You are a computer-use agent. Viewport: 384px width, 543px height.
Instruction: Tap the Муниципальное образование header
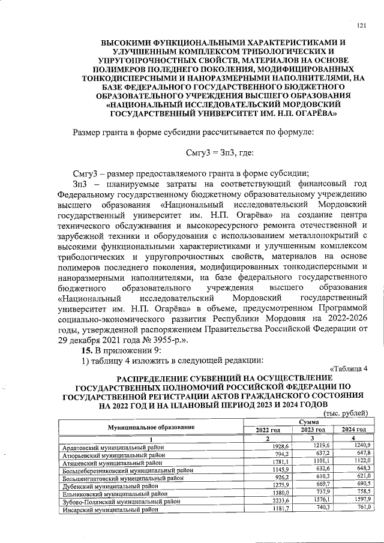(x=151, y=426)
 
